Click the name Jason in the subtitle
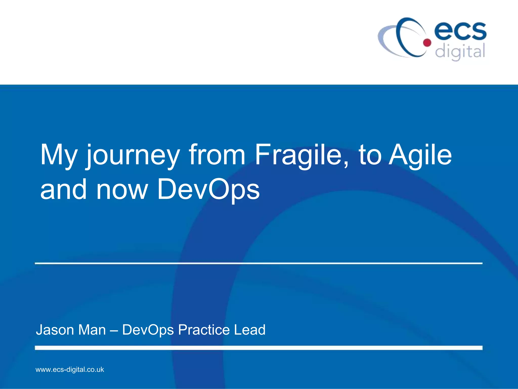[55, 330]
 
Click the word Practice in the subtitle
[204, 330]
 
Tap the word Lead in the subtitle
[250, 330]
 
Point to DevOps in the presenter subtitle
[148, 330]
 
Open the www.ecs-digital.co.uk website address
[70, 369]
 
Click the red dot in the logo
[427, 43]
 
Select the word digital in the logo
[460, 52]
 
